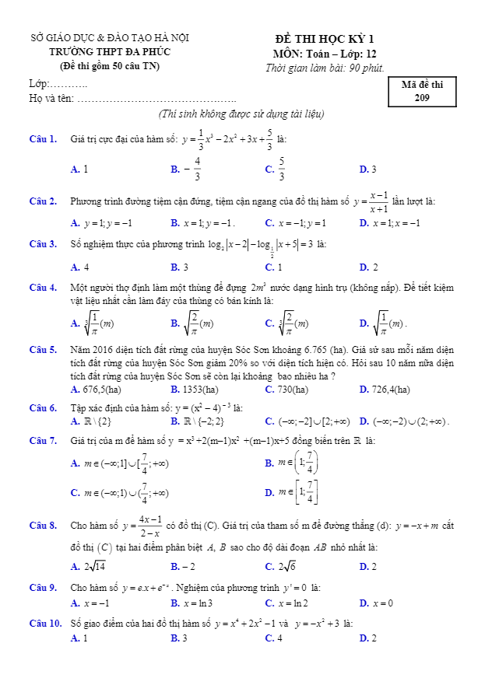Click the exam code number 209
(422, 98)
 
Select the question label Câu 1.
(43, 139)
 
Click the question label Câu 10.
(45, 624)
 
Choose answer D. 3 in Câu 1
(368, 170)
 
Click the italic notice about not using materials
(241, 114)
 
